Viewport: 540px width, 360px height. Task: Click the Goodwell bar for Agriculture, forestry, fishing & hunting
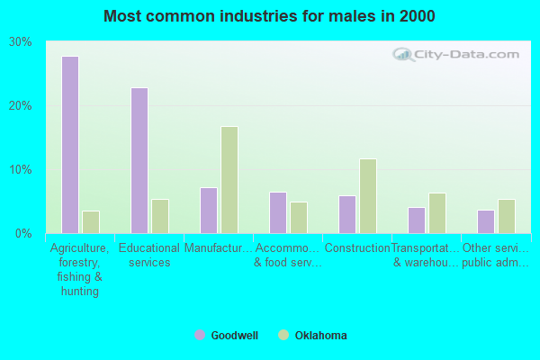click(70, 145)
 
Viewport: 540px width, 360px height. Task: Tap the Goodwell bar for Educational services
click(139, 160)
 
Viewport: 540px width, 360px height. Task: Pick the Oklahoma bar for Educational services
click(160, 216)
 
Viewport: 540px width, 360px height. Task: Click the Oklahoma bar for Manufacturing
click(229, 179)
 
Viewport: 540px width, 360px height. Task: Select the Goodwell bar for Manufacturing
click(209, 210)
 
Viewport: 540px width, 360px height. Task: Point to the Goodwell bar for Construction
click(347, 214)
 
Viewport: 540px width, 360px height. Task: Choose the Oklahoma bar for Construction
click(368, 195)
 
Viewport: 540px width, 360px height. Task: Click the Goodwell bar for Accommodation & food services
click(278, 212)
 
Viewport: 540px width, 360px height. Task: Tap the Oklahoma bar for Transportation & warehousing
click(437, 212)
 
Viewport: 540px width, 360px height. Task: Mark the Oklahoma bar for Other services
click(507, 216)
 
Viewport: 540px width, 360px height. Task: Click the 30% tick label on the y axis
click(21, 42)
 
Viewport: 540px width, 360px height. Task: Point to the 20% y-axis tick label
click(21, 105)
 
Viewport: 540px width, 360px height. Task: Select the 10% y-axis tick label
click(21, 169)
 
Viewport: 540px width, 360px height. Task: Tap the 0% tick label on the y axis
click(23, 233)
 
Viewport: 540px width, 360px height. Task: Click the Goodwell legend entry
click(227, 336)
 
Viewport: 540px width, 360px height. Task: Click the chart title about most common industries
click(269, 16)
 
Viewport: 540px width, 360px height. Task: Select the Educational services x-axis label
click(149, 255)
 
